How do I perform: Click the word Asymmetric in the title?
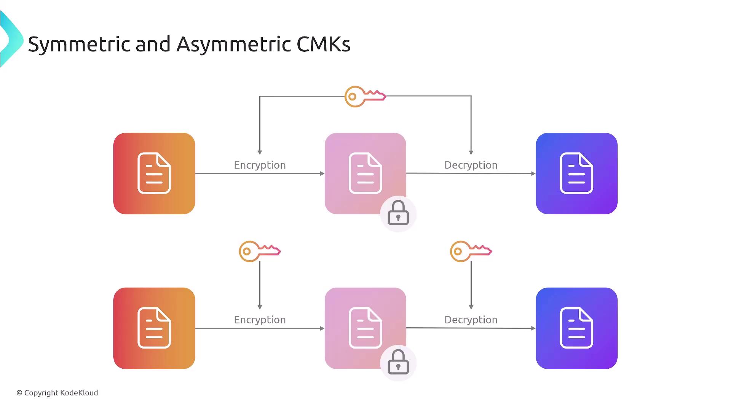[x=234, y=45]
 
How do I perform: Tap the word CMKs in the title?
[x=323, y=45]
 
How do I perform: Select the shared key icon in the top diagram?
[x=365, y=97]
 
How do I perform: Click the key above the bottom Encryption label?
[x=259, y=251]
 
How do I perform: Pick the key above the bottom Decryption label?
[x=471, y=251]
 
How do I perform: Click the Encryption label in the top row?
[x=260, y=165]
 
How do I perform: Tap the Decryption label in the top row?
[x=471, y=165]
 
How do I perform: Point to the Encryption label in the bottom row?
[x=260, y=320]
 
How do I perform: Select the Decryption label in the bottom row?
[x=471, y=320]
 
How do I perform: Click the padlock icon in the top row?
[x=398, y=213]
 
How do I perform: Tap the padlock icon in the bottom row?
[x=398, y=363]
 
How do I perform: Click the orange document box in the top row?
[x=154, y=174]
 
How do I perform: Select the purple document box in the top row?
[x=576, y=174]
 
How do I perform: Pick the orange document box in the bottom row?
[x=154, y=328]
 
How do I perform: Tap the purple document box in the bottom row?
[x=576, y=328]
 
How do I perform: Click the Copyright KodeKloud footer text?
[x=57, y=393]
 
